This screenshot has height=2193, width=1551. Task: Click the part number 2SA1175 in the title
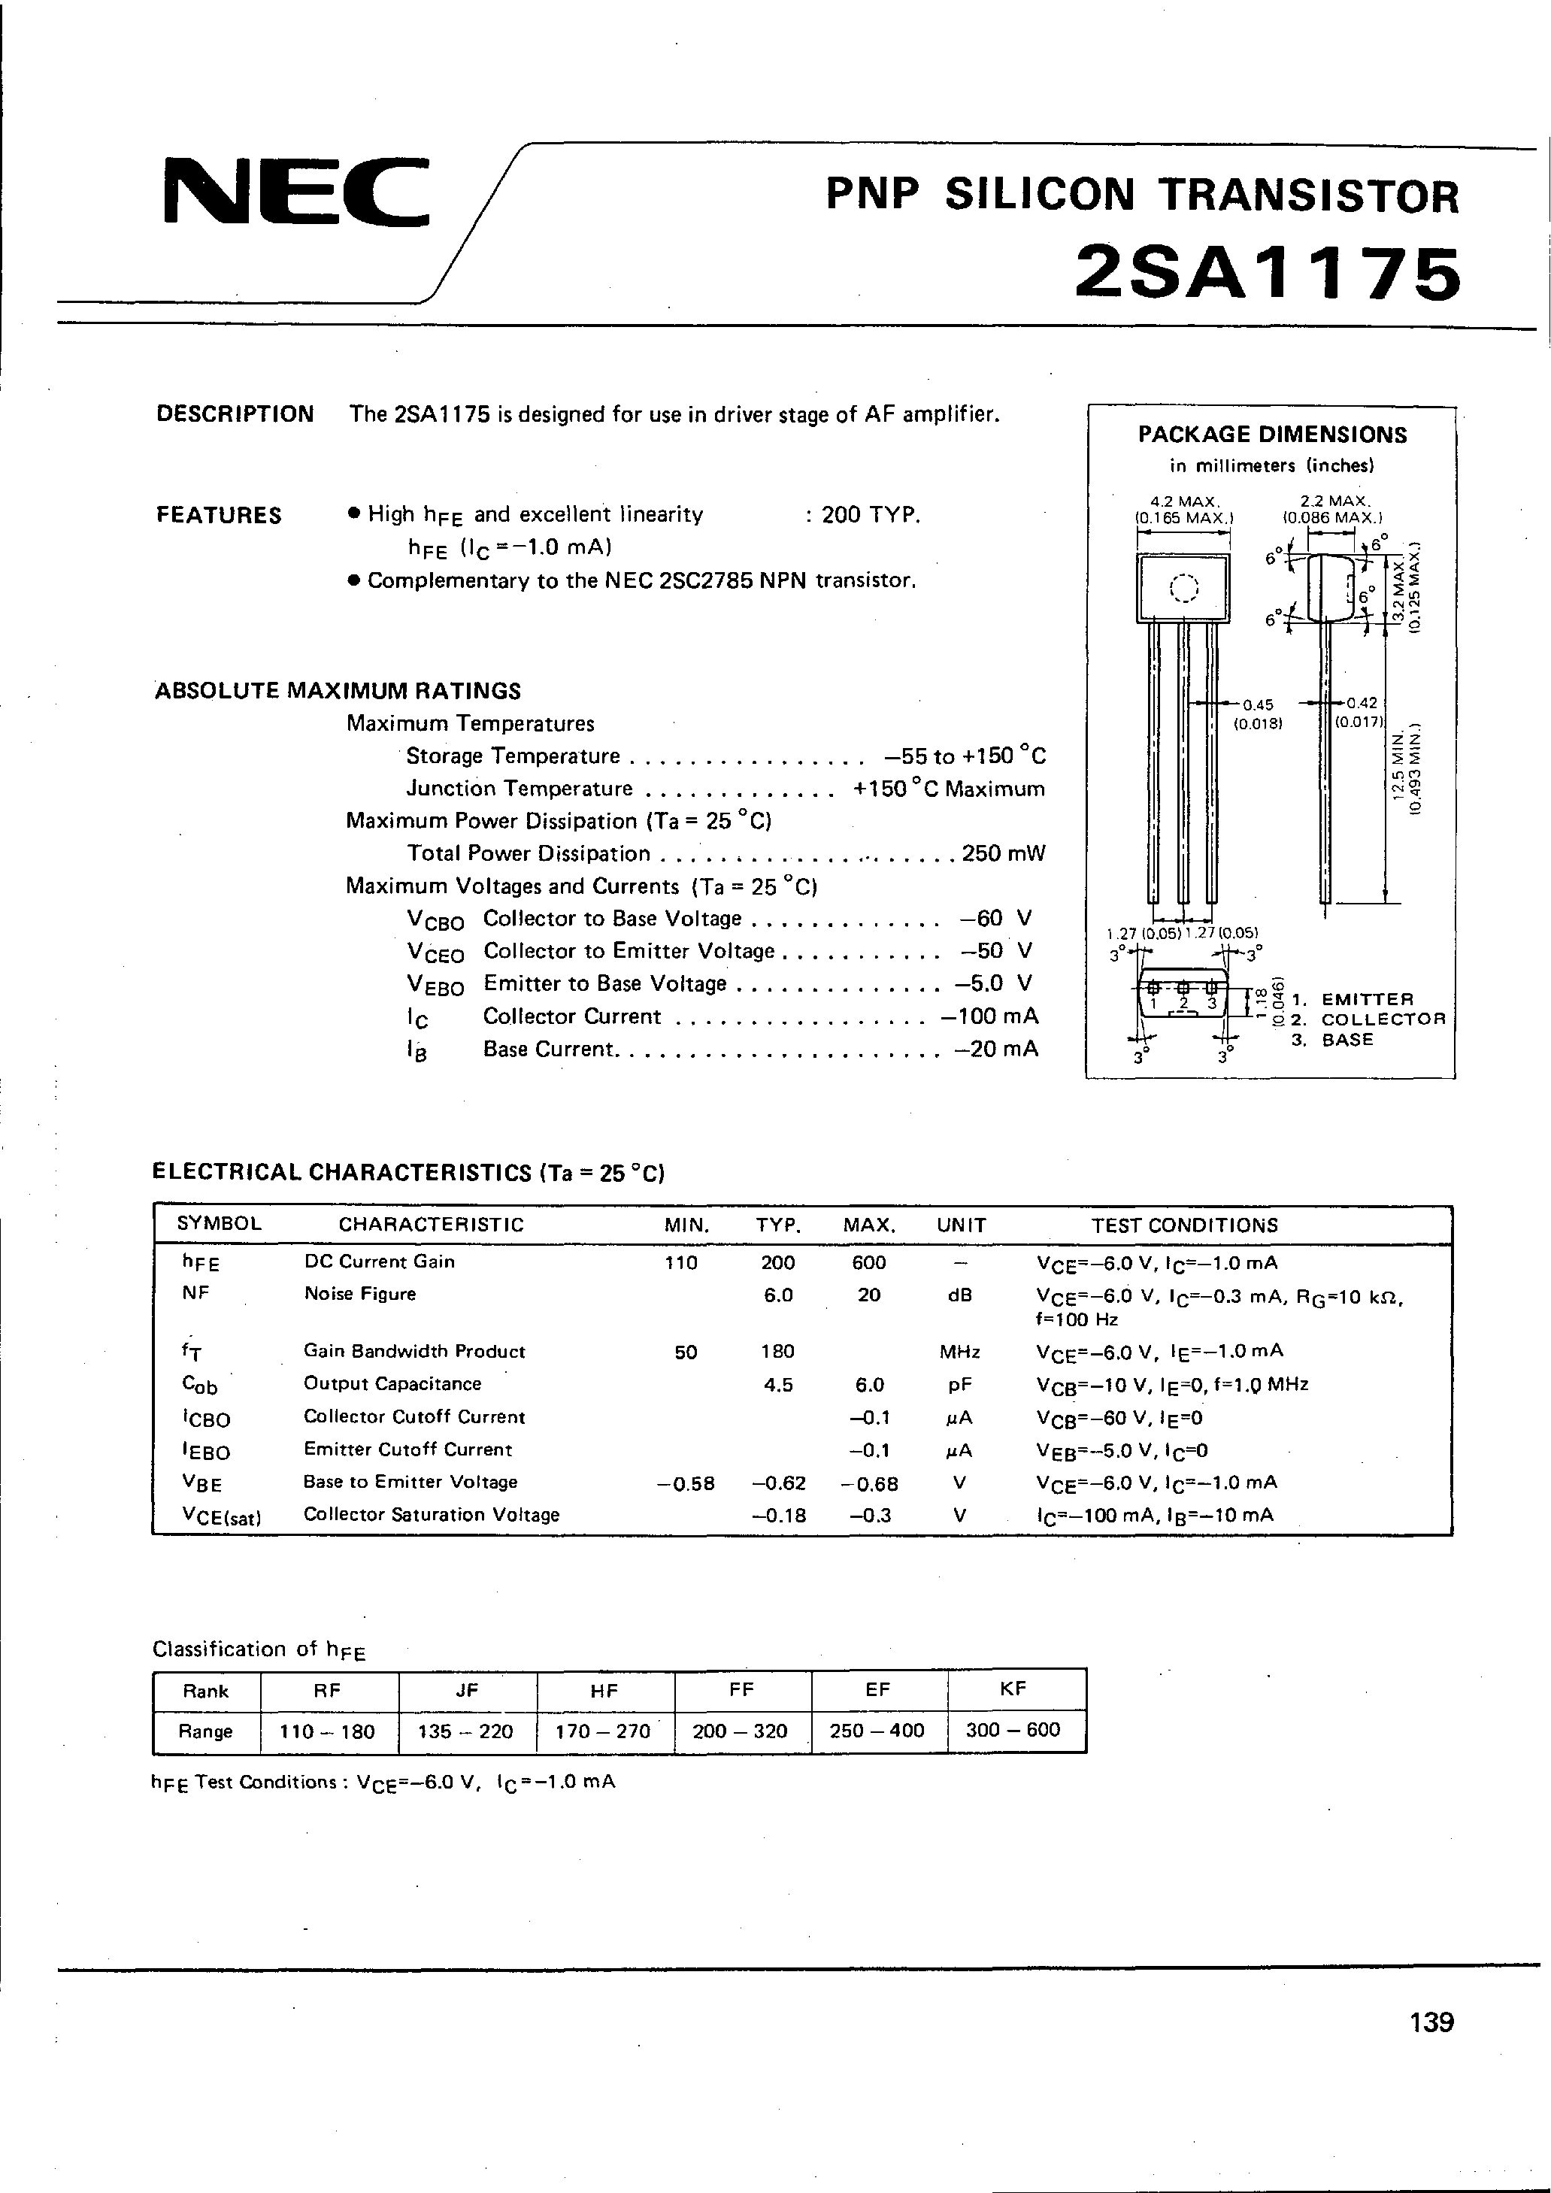pyautogui.click(x=1268, y=274)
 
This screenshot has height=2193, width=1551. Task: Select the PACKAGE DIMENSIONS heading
pyautogui.click(x=1272, y=435)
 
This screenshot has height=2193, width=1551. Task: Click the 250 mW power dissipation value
pyautogui.click(x=1004, y=853)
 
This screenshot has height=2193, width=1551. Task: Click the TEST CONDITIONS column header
pyautogui.click(x=1184, y=1225)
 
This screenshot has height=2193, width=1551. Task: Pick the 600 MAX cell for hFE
pyautogui.click(x=868, y=1263)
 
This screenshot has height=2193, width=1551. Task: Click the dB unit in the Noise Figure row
pyautogui.click(x=960, y=1295)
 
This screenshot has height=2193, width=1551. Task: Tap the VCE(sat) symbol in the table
pyautogui.click(x=220, y=1516)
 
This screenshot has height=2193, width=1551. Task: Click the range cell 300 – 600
pyautogui.click(x=1013, y=1730)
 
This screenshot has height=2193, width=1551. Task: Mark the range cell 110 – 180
pyautogui.click(x=328, y=1731)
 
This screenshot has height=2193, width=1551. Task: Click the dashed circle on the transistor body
pyautogui.click(x=1183, y=589)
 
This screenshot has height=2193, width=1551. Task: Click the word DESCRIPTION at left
pyautogui.click(x=235, y=413)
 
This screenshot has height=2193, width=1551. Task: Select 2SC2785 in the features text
pyautogui.click(x=707, y=580)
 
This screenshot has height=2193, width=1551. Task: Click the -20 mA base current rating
pyautogui.click(x=996, y=1049)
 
